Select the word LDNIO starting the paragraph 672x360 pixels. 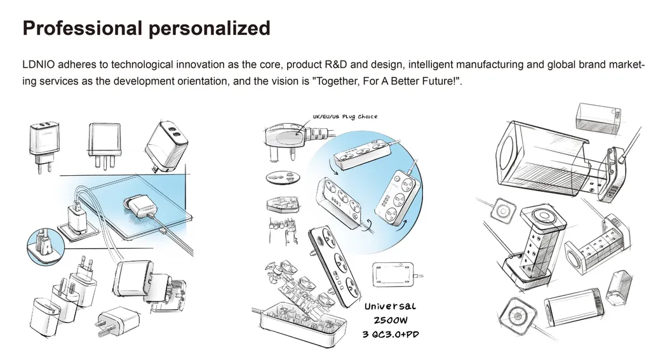point(39,65)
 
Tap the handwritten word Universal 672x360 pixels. point(390,307)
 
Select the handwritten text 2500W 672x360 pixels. point(390,321)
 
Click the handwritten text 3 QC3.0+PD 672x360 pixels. point(390,334)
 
